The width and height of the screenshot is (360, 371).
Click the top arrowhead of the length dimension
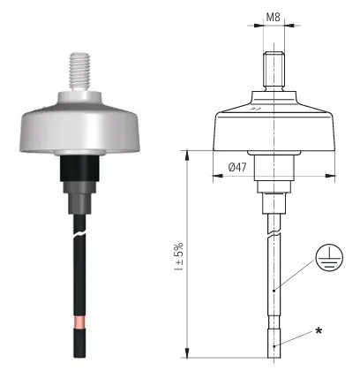point(187,154)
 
